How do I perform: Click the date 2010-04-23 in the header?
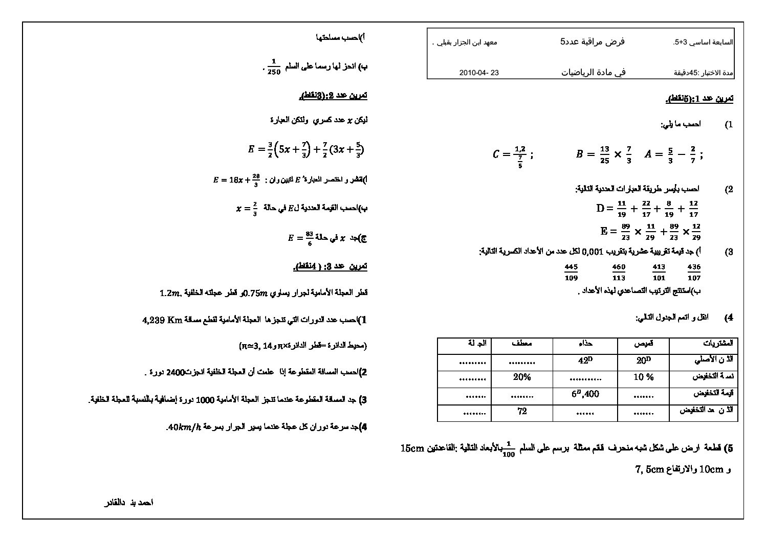pyautogui.click(x=479, y=73)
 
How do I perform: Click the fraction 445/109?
pyautogui.click(x=571, y=272)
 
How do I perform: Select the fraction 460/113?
pyautogui.click(x=619, y=272)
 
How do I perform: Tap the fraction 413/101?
pyautogui.click(x=659, y=272)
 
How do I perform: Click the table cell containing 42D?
pyautogui.click(x=585, y=360)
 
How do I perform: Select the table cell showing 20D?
pyautogui.click(x=643, y=360)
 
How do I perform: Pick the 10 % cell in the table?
pyautogui.click(x=643, y=377)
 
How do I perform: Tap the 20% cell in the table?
pyautogui.click(x=522, y=377)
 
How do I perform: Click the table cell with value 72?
pyautogui.click(x=522, y=411)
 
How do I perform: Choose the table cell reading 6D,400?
pyautogui.click(x=585, y=394)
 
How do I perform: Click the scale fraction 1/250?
pyautogui.click(x=274, y=67)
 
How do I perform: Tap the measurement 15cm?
pyautogui.click(x=413, y=448)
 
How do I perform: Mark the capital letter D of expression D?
pyautogui.click(x=601, y=208)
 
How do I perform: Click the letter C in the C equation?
pyautogui.click(x=495, y=154)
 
